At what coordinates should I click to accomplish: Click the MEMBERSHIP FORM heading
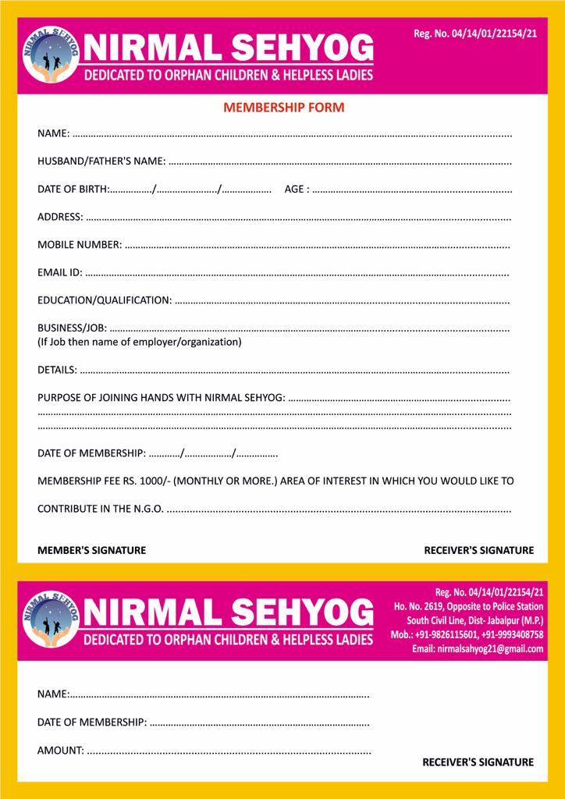pyautogui.click(x=283, y=108)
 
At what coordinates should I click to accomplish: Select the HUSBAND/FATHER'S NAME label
pyautogui.click(x=101, y=162)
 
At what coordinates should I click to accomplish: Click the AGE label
pyautogui.click(x=297, y=190)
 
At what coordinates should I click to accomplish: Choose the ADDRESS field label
pyautogui.click(x=60, y=217)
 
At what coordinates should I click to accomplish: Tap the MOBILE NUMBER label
pyautogui.click(x=80, y=245)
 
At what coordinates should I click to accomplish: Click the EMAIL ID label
pyautogui.click(x=60, y=272)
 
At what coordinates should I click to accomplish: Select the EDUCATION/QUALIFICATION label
pyautogui.click(x=105, y=300)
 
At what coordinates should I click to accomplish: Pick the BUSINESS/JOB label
pyautogui.click(x=73, y=328)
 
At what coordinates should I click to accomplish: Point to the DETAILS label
pyautogui.click(x=57, y=369)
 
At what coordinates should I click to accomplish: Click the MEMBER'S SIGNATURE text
pyautogui.click(x=91, y=550)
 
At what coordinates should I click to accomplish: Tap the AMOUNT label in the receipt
pyautogui.click(x=61, y=751)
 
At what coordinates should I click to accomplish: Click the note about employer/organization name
pyautogui.click(x=140, y=342)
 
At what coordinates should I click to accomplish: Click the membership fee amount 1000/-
pyautogui.click(x=155, y=481)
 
